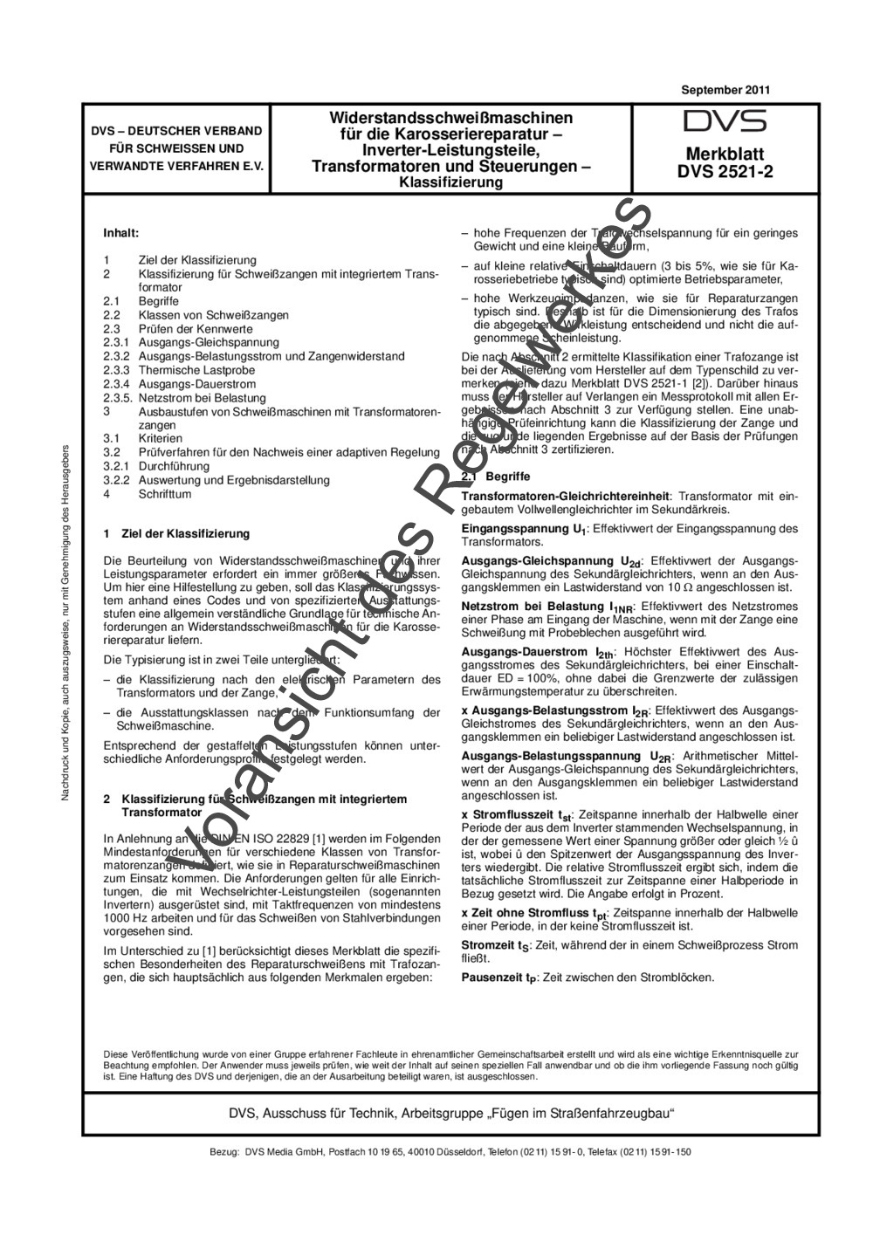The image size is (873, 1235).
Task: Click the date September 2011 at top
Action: coord(725,90)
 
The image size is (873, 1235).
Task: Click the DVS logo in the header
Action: coord(725,121)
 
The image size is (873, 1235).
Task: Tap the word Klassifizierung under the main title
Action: coord(450,182)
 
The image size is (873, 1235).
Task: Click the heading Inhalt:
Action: coord(121,234)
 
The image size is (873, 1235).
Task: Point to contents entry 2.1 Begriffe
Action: coord(158,301)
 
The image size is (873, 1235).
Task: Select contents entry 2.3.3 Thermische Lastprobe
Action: coord(196,370)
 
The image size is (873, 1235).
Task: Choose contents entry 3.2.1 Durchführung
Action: coord(178,466)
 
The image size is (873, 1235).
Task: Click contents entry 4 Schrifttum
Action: coord(164,494)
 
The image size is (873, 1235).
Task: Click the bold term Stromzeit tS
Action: coord(495,945)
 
